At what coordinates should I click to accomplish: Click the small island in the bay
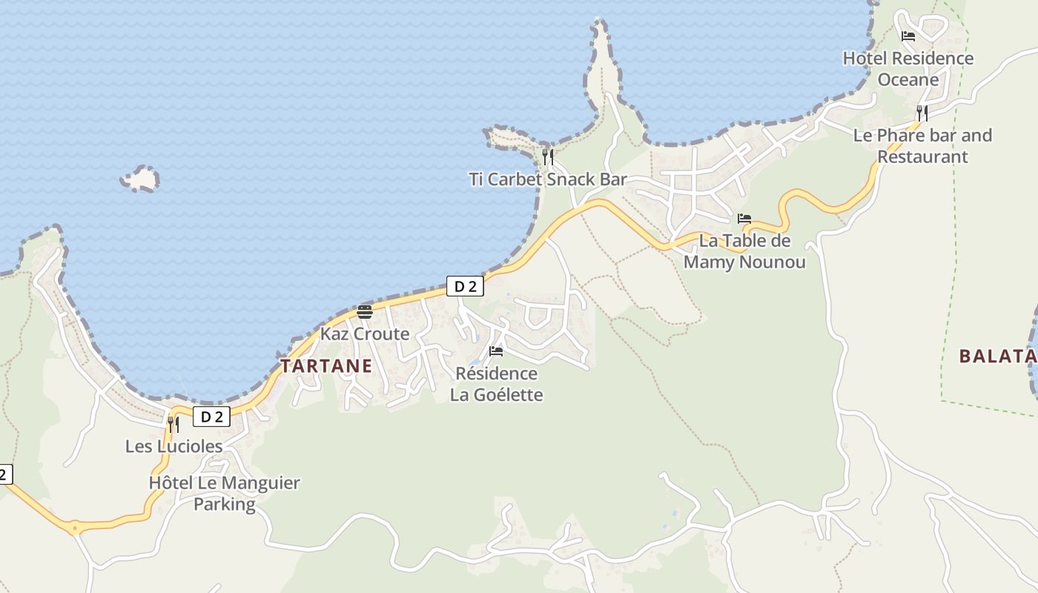(x=140, y=179)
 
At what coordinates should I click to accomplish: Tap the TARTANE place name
(x=326, y=366)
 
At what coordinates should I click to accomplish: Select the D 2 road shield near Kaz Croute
(x=465, y=286)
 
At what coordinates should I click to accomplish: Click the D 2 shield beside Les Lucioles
(x=212, y=417)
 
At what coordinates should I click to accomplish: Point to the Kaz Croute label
(x=364, y=334)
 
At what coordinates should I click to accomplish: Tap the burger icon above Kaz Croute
(x=364, y=311)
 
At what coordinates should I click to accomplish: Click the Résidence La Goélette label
(x=496, y=384)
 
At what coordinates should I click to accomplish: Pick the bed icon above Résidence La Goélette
(x=496, y=351)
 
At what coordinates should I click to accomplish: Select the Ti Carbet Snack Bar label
(x=548, y=179)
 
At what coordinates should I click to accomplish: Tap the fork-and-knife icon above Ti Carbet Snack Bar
(x=548, y=156)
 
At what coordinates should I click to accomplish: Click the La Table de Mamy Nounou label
(x=744, y=251)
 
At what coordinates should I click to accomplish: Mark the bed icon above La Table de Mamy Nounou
(x=744, y=219)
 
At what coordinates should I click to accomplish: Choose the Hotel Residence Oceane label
(x=908, y=68)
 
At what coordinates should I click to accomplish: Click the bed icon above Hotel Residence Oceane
(x=908, y=36)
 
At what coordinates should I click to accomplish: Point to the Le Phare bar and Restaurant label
(x=922, y=146)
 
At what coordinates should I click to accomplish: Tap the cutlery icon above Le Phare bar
(x=922, y=113)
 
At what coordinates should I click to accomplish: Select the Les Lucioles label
(x=173, y=446)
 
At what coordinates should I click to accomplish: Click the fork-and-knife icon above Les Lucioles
(x=173, y=424)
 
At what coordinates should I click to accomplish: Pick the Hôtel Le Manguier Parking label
(x=224, y=494)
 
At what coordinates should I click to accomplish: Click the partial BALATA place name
(x=997, y=357)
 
